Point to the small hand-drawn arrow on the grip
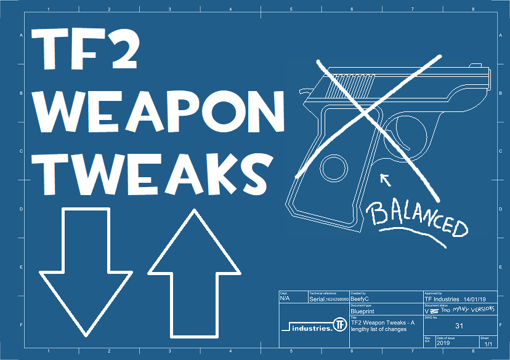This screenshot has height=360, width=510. [386, 180]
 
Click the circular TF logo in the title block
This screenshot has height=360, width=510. [339, 324]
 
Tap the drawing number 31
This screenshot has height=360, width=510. [459, 326]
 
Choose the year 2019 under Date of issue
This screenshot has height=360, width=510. [444, 344]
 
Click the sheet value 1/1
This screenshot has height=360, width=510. [488, 344]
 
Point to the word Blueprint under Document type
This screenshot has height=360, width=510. [363, 311]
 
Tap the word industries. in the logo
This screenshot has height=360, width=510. [307, 327]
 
